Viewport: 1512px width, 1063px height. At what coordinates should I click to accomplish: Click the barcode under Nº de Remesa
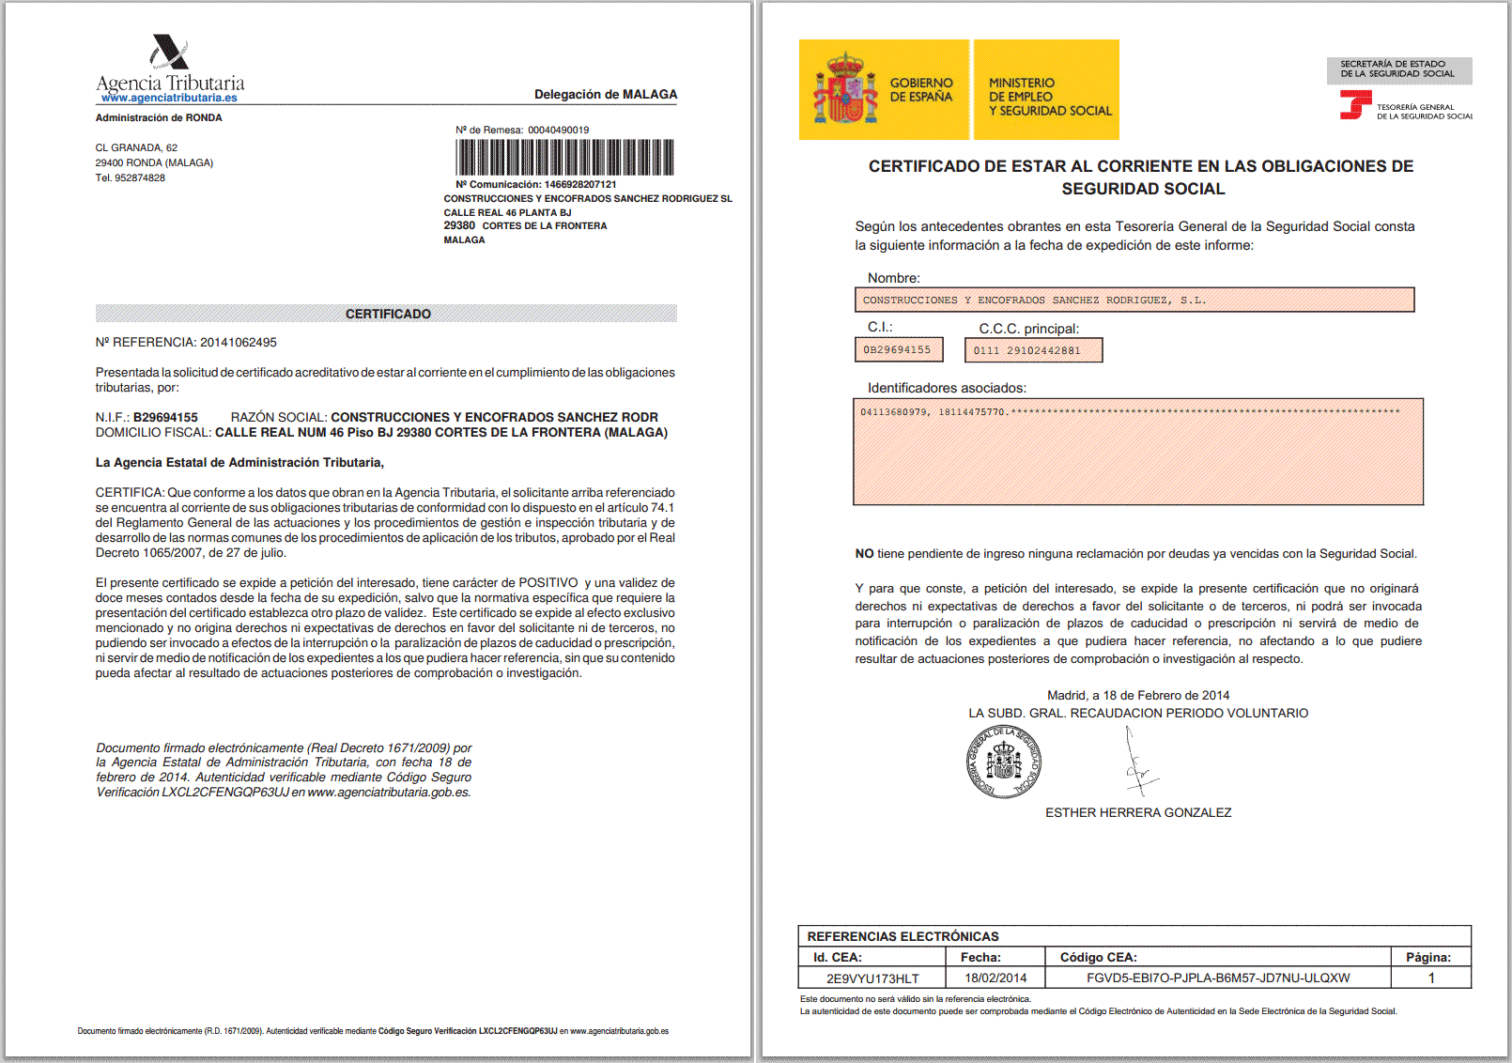(564, 157)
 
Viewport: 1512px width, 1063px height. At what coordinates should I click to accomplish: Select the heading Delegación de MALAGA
(606, 94)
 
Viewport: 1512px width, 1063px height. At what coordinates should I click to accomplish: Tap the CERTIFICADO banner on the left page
(386, 314)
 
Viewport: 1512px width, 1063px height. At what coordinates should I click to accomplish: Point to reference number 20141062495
(238, 342)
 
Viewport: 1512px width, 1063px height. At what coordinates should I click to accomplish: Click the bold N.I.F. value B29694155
(165, 417)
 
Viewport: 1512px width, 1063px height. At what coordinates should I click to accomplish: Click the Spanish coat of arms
(844, 89)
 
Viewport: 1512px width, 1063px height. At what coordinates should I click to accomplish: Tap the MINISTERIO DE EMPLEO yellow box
(1046, 90)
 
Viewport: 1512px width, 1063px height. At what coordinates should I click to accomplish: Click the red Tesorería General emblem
(1355, 104)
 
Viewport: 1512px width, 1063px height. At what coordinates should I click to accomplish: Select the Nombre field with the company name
(1134, 300)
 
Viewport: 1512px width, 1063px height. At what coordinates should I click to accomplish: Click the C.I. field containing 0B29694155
(898, 349)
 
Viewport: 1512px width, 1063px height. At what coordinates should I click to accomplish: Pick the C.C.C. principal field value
(1033, 350)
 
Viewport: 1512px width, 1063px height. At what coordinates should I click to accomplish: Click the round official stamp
(1003, 762)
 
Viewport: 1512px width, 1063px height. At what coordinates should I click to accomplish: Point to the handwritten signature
(1139, 765)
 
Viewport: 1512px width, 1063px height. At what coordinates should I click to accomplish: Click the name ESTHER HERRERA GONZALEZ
(1138, 812)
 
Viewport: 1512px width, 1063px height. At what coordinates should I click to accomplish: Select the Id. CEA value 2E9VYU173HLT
(872, 978)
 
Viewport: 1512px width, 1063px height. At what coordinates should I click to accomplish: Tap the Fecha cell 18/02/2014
(995, 978)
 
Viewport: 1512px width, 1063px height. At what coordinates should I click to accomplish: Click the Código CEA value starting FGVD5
(1218, 978)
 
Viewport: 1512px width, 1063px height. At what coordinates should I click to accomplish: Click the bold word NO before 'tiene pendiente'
(864, 554)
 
